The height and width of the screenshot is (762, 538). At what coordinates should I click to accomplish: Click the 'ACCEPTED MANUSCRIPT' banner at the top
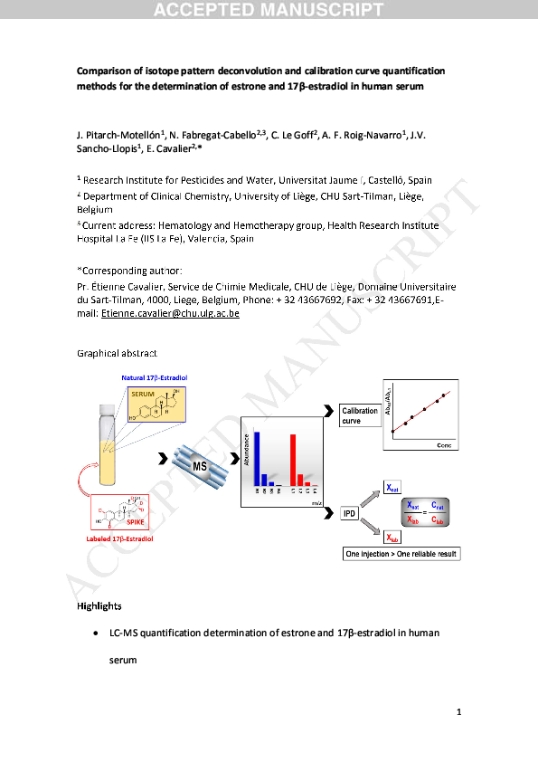point(269,10)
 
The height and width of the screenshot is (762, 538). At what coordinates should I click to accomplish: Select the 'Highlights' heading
point(99,605)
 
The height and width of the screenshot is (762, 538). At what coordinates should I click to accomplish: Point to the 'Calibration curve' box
point(360,415)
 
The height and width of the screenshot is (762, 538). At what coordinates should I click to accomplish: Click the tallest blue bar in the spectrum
point(257,459)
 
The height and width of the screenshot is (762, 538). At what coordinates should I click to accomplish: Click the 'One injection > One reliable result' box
point(401,552)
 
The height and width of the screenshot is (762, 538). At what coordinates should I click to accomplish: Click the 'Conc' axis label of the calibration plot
point(444,446)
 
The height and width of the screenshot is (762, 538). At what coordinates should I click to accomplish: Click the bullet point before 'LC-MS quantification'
point(96,633)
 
